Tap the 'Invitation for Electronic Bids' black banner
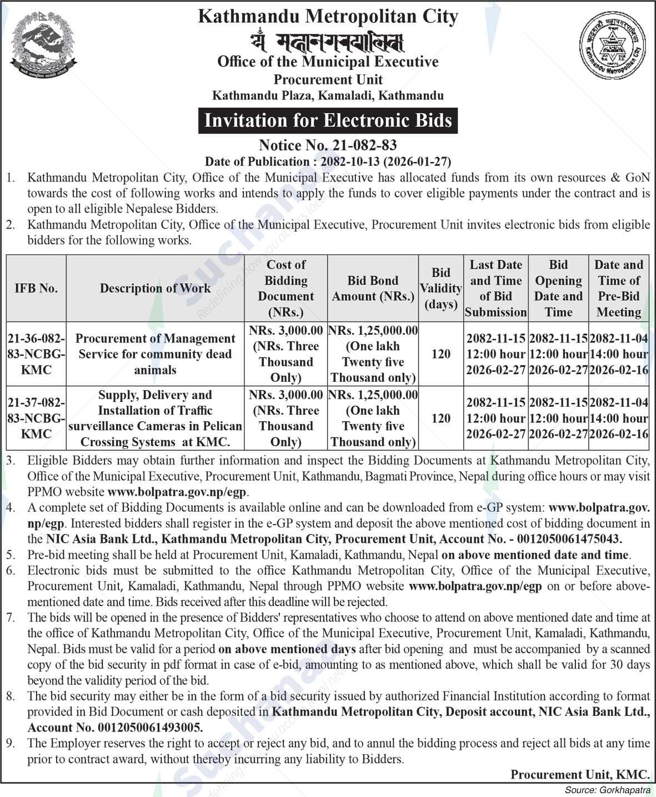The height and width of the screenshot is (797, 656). pos(328,120)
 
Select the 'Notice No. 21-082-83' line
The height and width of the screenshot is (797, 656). pos(328,145)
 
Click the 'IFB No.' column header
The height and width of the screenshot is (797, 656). pos(36,288)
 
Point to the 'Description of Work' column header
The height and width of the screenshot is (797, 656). pos(155,288)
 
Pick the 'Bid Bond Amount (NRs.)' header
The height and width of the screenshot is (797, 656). pos(373,288)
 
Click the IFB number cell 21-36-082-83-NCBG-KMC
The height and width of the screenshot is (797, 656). pos(36,354)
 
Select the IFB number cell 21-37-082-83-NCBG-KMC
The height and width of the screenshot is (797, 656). pos(36,418)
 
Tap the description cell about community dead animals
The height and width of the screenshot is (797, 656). pos(155,354)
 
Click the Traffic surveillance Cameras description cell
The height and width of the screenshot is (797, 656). pos(155,418)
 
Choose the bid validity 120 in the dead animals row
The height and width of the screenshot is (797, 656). pos(440,354)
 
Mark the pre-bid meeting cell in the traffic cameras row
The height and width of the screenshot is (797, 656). pos(618,418)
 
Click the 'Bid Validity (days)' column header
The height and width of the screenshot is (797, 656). pos(440,288)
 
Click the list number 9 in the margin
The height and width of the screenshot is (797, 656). pos(11,743)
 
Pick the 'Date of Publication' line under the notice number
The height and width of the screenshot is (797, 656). pos(328,162)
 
